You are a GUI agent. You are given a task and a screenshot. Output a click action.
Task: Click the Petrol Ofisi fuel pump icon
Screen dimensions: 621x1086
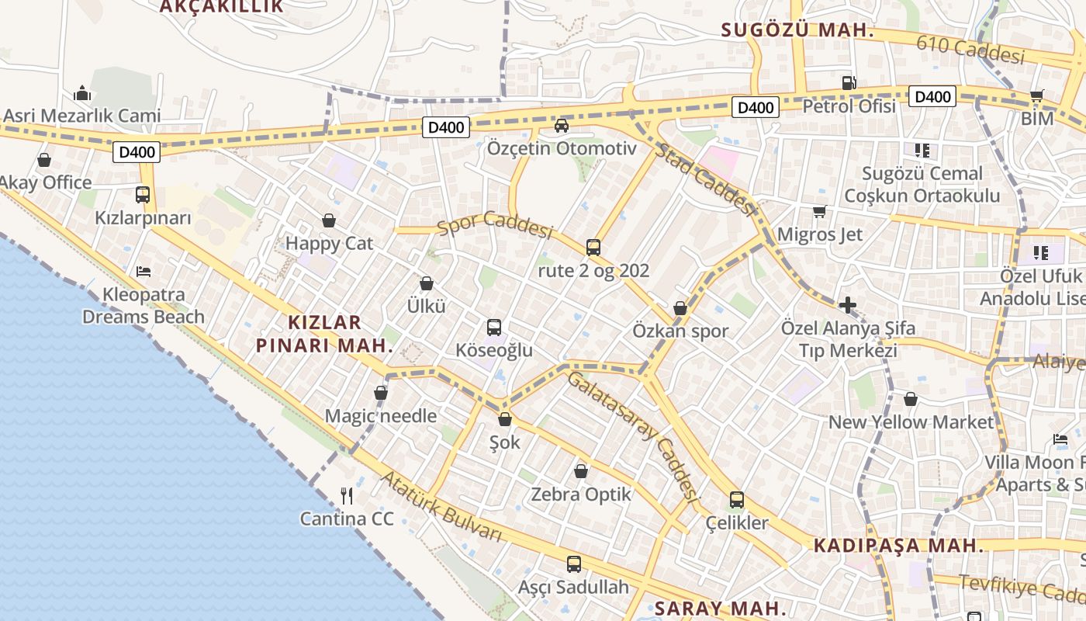(849, 82)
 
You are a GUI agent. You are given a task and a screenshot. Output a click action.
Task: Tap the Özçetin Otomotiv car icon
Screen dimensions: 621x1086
(562, 125)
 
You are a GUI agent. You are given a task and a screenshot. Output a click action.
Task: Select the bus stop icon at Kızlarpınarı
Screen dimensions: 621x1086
(143, 195)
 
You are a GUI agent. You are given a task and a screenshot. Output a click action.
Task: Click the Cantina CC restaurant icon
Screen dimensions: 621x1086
(347, 495)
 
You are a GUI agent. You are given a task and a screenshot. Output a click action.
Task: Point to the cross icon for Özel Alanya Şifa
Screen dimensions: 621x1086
(847, 305)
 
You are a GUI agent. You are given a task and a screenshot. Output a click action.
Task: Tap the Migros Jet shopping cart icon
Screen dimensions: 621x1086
(819, 211)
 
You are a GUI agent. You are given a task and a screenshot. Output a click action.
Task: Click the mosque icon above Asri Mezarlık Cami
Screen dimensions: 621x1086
(82, 94)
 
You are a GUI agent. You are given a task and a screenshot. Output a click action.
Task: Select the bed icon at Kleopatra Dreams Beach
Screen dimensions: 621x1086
(144, 272)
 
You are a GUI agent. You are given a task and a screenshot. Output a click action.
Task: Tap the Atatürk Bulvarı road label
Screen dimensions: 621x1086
(441, 507)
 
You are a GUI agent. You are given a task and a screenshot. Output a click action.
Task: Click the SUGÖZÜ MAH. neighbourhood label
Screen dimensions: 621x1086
(797, 31)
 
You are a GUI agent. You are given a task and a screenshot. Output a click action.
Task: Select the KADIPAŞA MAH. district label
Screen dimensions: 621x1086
(898, 546)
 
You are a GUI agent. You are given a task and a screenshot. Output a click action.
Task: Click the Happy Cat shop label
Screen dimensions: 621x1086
(329, 244)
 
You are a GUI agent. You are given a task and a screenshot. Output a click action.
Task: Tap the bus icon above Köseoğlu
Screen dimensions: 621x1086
(494, 328)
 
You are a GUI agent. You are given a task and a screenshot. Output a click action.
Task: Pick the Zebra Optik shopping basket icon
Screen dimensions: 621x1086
(580, 471)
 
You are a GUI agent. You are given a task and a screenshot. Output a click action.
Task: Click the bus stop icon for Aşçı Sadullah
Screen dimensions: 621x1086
(574, 564)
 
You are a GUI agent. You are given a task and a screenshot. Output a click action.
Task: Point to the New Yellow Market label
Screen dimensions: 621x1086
(911, 422)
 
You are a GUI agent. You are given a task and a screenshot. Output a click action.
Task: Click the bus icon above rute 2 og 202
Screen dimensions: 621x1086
(593, 248)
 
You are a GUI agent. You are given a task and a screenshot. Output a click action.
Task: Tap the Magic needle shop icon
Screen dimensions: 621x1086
(381, 394)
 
